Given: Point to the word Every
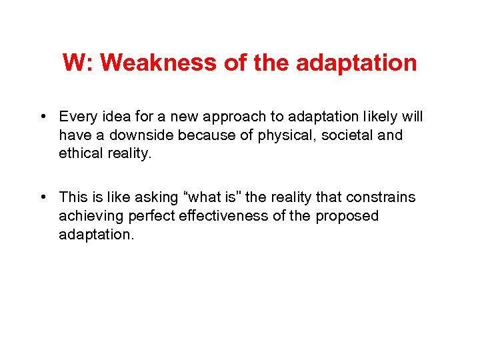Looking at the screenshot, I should point(77,117).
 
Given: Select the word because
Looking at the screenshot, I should point(209,135).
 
